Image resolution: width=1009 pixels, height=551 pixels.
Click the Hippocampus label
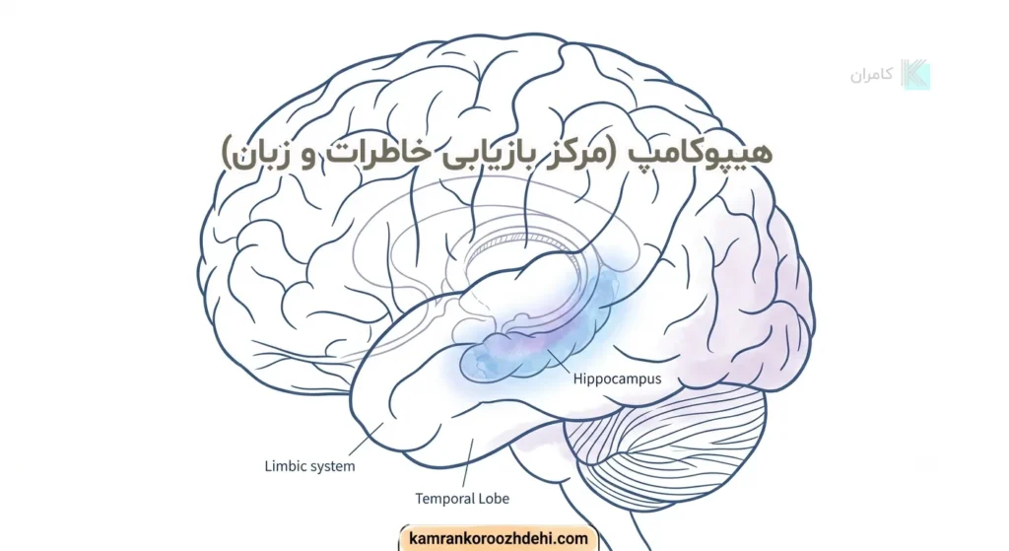617,379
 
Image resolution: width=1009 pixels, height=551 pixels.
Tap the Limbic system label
309,466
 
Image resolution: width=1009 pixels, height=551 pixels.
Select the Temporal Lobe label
462,498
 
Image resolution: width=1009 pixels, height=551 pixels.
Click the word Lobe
495,498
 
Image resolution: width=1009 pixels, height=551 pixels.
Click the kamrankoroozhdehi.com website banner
499,538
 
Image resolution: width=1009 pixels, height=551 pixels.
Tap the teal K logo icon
915,74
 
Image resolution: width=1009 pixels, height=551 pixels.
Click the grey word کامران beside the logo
871,75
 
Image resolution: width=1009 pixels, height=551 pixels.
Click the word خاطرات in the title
370,153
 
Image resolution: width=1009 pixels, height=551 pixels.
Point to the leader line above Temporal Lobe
468,462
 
